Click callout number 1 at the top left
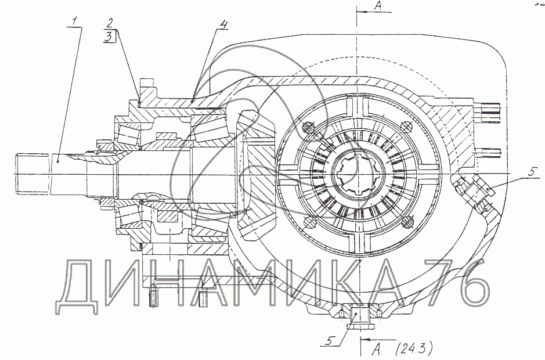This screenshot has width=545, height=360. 74,22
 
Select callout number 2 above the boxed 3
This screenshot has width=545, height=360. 110,23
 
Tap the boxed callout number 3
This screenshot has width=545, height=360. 110,37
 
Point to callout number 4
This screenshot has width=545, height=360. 223,24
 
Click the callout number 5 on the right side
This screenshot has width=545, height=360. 531,172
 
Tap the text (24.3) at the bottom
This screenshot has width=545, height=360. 414,348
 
